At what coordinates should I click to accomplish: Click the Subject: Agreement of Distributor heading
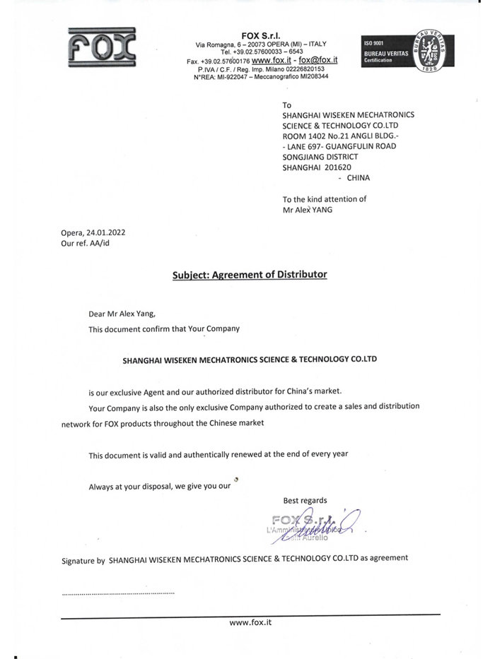pos(250,273)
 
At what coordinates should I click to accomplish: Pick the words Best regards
pos(305,500)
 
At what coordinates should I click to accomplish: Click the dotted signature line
pos(118,593)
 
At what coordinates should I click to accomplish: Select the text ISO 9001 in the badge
pos(374,44)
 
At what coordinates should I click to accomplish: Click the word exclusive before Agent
pos(130,391)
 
